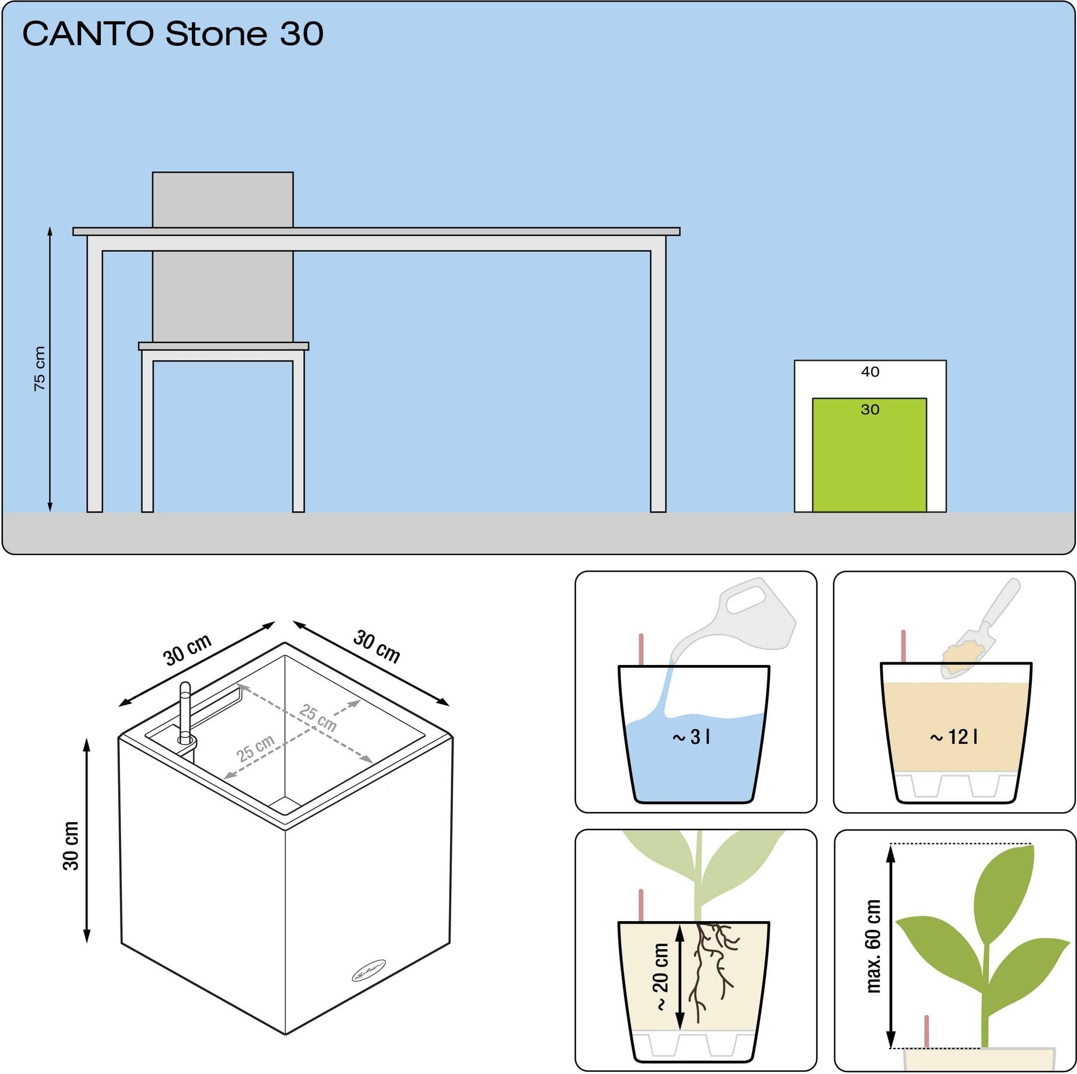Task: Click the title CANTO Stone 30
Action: tap(173, 34)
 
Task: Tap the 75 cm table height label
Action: tap(39, 368)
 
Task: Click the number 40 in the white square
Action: tap(870, 371)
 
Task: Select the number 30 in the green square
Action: tap(870, 410)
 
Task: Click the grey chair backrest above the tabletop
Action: tap(222, 199)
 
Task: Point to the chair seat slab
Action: tap(224, 346)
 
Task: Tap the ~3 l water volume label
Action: tap(691, 737)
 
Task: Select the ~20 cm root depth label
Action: tap(660, 977)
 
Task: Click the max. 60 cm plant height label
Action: tap(873, 946)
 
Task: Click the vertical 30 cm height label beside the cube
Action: tap(71, 846)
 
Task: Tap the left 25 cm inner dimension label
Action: tap(255, 748)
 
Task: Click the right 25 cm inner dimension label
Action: tap(318, 717)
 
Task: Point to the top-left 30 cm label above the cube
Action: tap(188, 650)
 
